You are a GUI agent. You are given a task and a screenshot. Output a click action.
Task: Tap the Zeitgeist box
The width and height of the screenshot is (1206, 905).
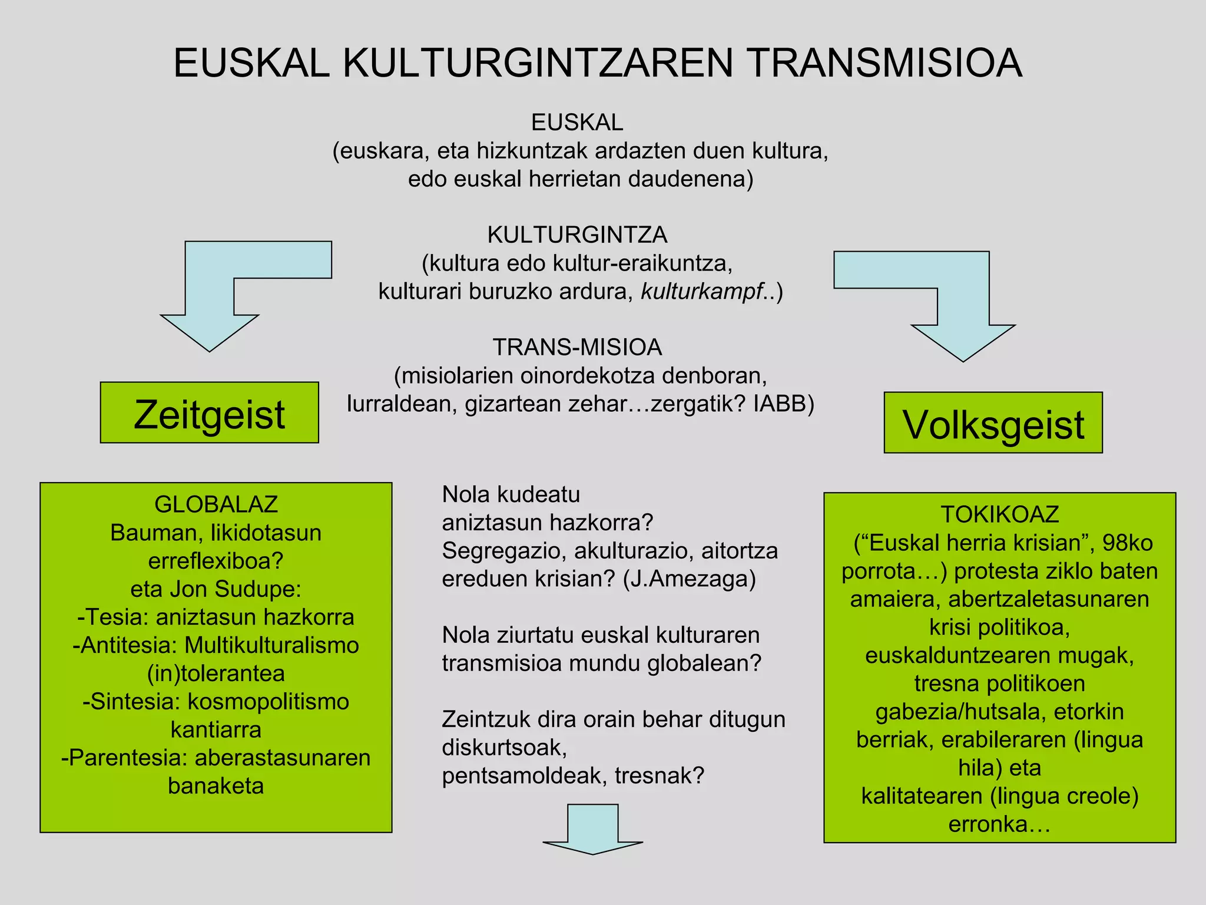(209, 413)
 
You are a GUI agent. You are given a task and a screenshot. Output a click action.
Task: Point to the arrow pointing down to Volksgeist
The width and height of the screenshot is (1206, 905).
(963, 330)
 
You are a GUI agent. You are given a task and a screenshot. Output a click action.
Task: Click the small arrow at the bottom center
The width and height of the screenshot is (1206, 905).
(593, 831)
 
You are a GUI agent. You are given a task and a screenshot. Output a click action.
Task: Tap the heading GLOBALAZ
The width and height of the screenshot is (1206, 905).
(216, 504)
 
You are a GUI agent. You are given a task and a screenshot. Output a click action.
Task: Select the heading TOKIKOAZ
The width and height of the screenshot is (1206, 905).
(999, 514)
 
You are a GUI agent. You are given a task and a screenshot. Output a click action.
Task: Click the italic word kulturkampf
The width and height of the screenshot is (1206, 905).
(701, 292)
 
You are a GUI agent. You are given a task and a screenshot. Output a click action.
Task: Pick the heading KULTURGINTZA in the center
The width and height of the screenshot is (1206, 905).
(577, 235)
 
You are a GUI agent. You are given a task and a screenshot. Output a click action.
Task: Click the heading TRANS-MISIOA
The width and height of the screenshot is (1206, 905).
(577, 348)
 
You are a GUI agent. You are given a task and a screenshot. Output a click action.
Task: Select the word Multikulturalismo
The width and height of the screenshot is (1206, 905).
(271, 645)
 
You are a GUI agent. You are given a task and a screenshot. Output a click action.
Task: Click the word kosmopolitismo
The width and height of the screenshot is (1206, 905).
(269, 702)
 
